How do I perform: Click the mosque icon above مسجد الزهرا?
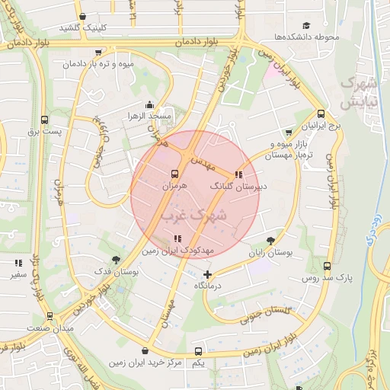point(150,105)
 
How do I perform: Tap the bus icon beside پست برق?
point(44,120)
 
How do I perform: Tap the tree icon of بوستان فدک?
point(116,259)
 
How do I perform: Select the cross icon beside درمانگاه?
point(208,274)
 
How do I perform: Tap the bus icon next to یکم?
point(199,352)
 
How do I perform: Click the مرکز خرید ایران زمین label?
point(145,363)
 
